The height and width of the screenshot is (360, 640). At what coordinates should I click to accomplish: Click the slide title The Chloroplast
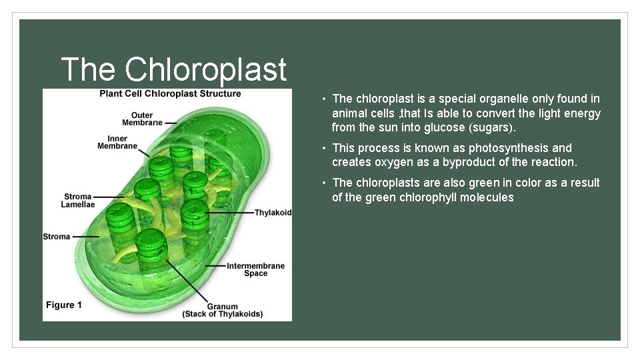coord(173,69)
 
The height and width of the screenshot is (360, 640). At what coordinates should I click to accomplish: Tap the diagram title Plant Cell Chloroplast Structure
coord(170,94)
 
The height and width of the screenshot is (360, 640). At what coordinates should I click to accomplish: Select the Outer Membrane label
coord(142,119)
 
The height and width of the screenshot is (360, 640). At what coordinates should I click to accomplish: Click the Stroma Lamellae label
coord(77,200)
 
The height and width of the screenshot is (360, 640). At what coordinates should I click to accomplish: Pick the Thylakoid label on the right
coord(273,213)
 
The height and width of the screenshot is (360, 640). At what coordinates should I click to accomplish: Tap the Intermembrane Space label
coord(255,269)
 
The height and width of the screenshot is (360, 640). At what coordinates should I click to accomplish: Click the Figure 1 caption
coord(64,305)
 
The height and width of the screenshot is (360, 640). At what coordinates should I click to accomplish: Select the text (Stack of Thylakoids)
coord(222,314)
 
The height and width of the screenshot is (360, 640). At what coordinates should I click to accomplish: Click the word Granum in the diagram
coord(222,307)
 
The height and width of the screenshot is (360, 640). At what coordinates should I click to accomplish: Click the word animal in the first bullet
coord(349,113)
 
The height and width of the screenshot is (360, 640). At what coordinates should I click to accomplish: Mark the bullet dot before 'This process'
coord(323,148)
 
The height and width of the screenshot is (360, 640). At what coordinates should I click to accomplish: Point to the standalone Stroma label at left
coord(57,237)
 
